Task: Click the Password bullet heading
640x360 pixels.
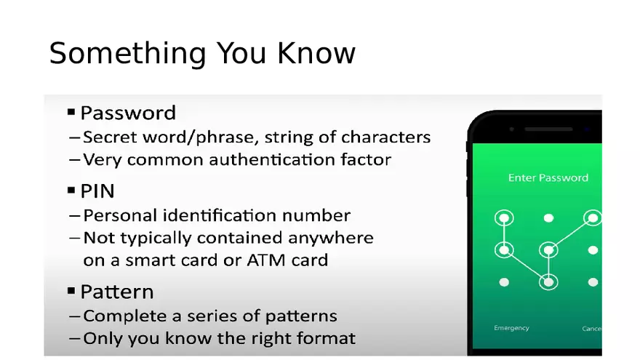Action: [x=128, y=113]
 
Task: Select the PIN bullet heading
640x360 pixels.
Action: [x=97, y=191]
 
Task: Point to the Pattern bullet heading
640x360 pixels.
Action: [x=116, y=292]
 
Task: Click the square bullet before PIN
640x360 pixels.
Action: [x=71, y=191]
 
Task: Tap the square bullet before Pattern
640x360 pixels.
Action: [x=71, y=291]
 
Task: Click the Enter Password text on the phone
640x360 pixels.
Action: [x=548, y=177]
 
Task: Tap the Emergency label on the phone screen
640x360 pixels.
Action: [x=511, y=328]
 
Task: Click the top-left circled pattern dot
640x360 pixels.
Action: [x=504, y=217]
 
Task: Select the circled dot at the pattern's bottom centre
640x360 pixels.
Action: [x=548, y=281]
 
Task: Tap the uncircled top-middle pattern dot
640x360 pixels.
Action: [x=548, y=217]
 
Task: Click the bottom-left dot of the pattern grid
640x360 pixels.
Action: [x=504, y=281]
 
